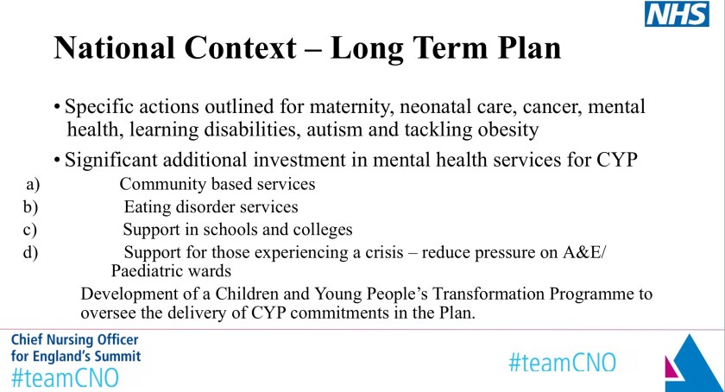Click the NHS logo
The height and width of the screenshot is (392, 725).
click(677, 14)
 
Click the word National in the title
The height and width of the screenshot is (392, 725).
click(115, 47)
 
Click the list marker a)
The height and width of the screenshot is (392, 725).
click(33, 184)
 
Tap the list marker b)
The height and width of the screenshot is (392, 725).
click(30, 207)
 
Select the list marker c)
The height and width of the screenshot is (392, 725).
click(30, 230)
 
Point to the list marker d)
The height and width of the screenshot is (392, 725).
click(30, 252)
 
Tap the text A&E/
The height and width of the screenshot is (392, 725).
click(584, 252)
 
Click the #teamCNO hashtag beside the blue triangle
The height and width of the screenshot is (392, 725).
click(562, 363)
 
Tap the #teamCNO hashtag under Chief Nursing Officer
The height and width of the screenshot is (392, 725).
click(65, 377)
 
